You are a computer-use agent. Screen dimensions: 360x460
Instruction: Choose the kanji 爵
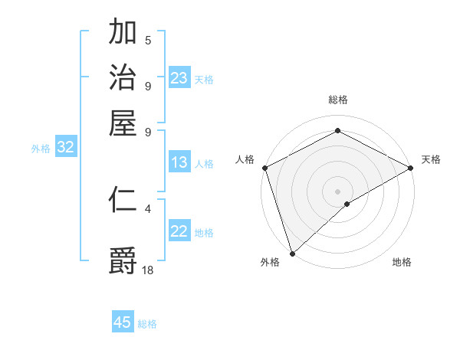(x=123, y=259)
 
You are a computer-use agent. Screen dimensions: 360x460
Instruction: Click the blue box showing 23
(x=179, y=78)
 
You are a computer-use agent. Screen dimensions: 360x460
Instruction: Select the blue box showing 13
(x=179, y=162)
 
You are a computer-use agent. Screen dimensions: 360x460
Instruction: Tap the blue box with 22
(x=179, y=232)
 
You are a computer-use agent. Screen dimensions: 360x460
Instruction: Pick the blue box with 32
(x=65, y=148)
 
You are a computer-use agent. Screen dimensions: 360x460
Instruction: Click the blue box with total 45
(x=123, y=322)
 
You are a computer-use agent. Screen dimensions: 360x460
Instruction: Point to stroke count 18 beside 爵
(x=148, y=269)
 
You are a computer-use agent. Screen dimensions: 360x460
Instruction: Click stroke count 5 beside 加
(x=148, y=41)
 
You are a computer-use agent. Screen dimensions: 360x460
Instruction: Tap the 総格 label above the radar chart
(x=337, y=100)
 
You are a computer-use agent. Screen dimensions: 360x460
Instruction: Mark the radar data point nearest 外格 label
(x=292, y=253)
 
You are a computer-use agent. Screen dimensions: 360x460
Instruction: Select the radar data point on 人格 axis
(x=264, y=168)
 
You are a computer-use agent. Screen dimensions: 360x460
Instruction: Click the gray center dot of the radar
(x=337, y=191)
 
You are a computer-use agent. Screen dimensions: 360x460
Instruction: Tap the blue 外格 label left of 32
(x=41, y=149)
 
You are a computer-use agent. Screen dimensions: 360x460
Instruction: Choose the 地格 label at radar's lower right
(x=402, y=262)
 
